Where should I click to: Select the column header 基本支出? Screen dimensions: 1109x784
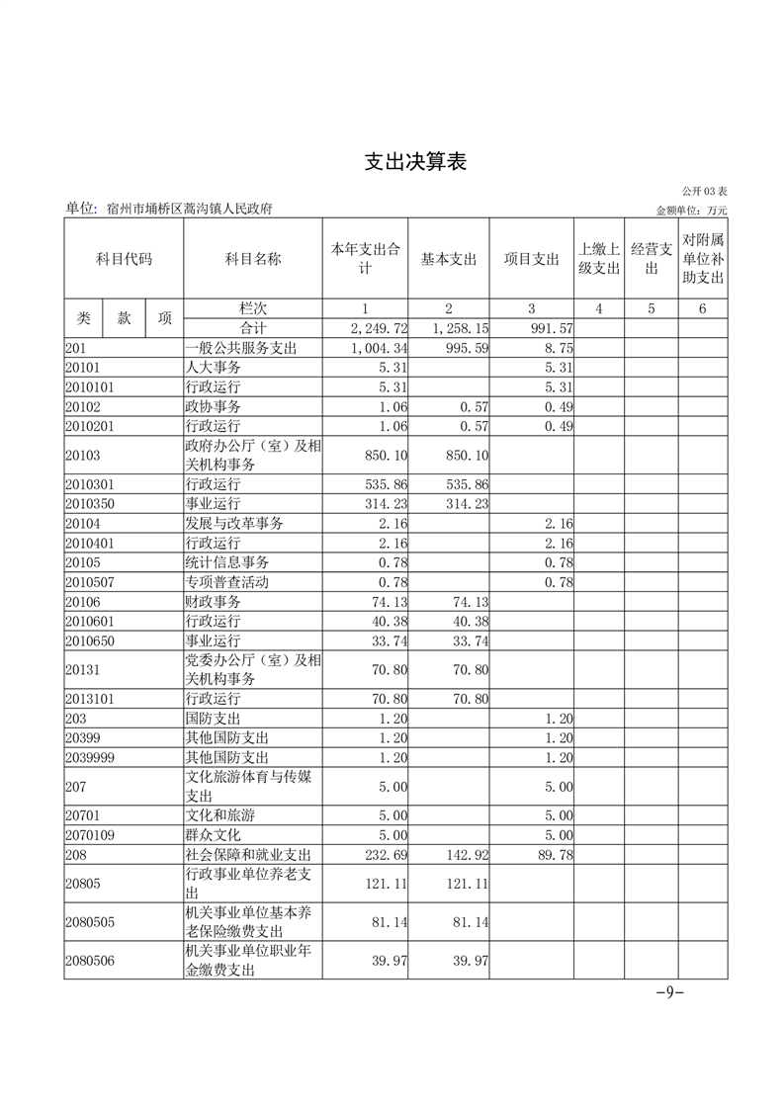pyautogui.click(x=449, y=259)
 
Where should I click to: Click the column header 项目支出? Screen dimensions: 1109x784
pyautogui.click(x=532, y=259)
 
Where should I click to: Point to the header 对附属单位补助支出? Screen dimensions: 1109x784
pyautogui.click(x=703, y=259)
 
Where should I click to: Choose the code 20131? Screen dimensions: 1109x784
pyautogui.click(x=83, y=670)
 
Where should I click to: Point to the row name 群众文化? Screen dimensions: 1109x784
pyautogui.click(x=214, y=835)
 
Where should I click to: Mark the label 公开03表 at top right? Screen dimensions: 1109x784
pyautogui.click(x=704, y=191)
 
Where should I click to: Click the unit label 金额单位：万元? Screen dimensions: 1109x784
pyautogui.click(x=691, y=211)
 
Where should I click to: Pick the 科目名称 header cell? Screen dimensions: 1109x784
pyautogui.click(x=253, y=259)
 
